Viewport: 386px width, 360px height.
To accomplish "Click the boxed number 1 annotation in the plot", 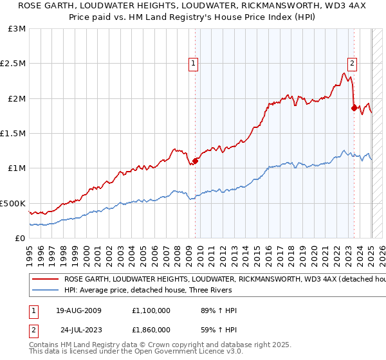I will point(194,63).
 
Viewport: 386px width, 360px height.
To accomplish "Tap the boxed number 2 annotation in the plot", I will point(353,63).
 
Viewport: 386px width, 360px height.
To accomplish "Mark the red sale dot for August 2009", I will point(195,161).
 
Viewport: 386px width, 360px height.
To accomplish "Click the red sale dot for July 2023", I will point(354,108).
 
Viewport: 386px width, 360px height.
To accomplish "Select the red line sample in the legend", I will point(44,280).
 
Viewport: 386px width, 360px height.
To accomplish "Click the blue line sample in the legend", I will point(44,290).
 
